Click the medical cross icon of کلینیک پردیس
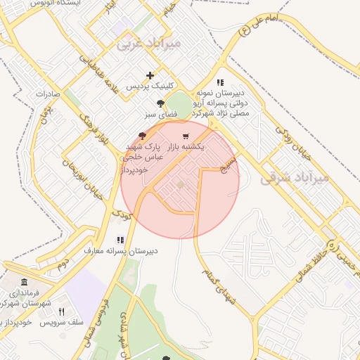(150, 75)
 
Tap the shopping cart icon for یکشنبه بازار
(185, 136)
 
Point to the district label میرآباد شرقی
(295, 178)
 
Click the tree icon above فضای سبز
(161, 103)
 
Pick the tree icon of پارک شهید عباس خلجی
(143, 136)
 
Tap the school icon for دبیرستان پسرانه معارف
(120, 240)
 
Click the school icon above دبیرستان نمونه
(220, 82)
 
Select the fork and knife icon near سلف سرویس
(61, 311)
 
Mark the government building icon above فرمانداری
(15, 280)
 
